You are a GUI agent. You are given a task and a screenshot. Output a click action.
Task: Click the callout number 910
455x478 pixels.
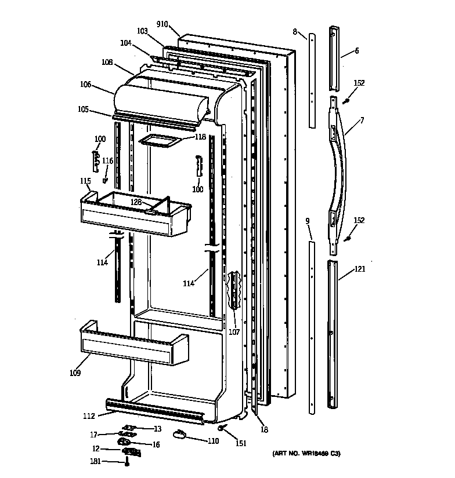coord(162,24)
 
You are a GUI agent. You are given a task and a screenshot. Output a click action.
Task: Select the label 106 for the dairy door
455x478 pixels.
coord(85,84)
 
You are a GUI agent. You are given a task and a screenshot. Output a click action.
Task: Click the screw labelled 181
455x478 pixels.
coord(127,462)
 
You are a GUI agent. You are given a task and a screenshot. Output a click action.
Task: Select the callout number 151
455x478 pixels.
coord(240,444)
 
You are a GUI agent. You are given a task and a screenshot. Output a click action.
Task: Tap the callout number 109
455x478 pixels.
coord(75,373)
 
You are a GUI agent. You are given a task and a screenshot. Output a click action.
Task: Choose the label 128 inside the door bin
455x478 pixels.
coord(136,202)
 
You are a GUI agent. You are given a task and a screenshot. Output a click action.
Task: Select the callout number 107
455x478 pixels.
coord(234,332)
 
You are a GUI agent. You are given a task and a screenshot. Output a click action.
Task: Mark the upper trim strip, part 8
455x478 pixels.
coord(312,81)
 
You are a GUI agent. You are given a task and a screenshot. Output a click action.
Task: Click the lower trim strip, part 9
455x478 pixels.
coord(312,324)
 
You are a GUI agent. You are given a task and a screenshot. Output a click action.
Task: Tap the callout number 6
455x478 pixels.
coord(356,51)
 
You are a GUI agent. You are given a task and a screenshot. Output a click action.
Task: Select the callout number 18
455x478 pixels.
coord(264,429)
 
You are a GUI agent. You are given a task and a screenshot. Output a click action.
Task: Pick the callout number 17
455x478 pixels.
coord(93,435)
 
